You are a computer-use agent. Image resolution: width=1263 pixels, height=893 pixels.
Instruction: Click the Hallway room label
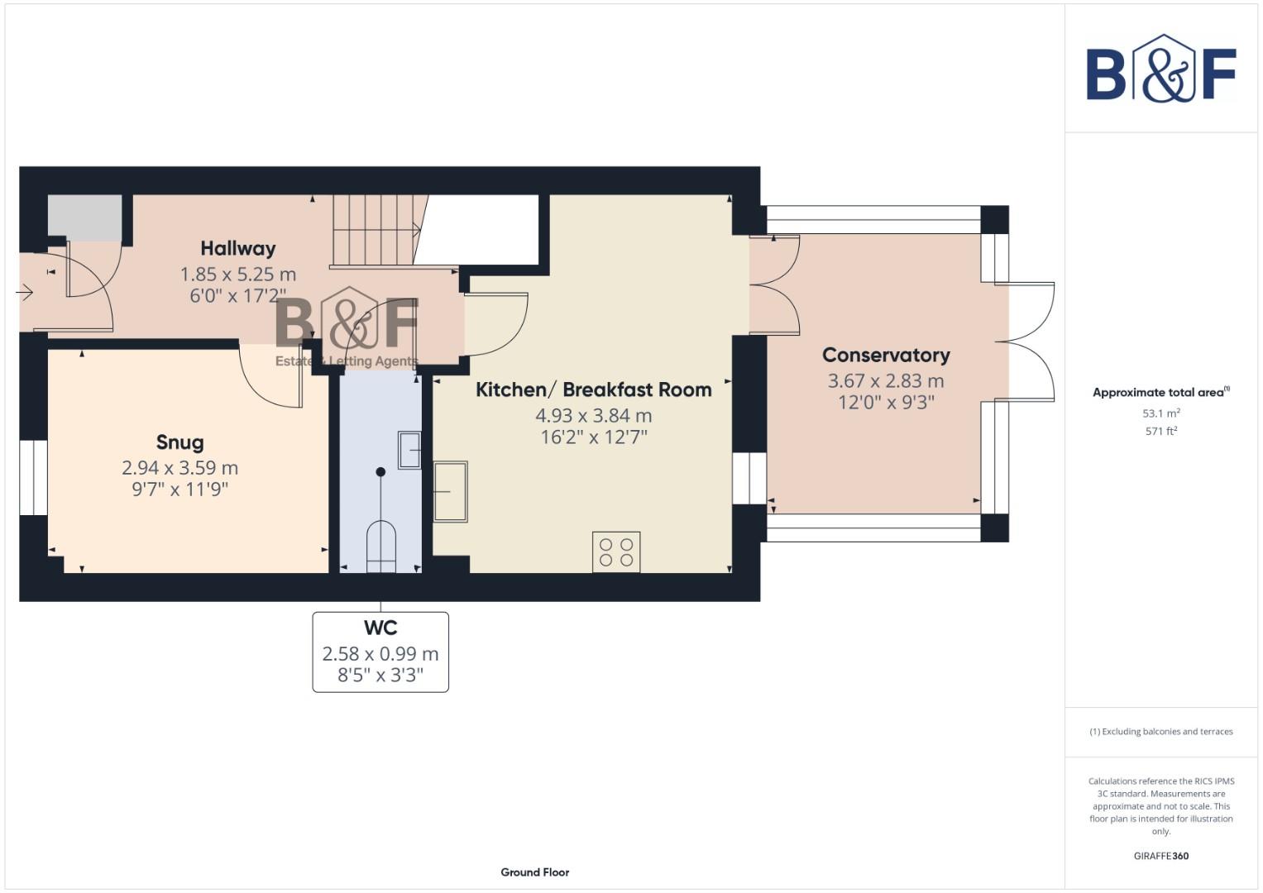point(237,248)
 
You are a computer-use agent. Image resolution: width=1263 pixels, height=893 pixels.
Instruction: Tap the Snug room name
point(179,442)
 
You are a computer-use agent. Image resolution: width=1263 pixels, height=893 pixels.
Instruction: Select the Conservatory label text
point(885,355)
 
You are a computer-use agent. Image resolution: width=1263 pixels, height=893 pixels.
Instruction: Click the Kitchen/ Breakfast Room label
point(593,389)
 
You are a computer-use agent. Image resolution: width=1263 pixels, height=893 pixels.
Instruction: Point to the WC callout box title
point(380,628)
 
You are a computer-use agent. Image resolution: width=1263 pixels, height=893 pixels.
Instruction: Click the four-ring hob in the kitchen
point(615,552)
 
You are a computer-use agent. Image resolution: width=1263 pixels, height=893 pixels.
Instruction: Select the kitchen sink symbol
point(450,491)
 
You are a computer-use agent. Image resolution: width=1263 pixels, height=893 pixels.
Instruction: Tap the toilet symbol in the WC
point(380,546)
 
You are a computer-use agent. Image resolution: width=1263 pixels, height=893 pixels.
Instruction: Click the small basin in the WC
point(409,450)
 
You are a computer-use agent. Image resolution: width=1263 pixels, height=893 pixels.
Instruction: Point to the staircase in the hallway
point(374,230)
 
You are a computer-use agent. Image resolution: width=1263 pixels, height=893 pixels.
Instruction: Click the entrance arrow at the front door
point(24,292)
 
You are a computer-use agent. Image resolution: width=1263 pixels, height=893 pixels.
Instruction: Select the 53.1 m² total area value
point(1160,413)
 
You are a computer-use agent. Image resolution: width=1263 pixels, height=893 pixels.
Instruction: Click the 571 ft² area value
point(1160,431)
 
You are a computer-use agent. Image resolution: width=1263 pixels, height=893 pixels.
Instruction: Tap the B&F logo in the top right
point(1160,70)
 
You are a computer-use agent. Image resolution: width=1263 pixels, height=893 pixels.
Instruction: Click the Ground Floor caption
point(534,872)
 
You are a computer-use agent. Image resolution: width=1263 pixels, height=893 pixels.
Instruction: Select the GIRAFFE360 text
point(1160,856)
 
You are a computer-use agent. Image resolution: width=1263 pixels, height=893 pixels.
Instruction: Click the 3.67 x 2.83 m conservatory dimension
point(885,381)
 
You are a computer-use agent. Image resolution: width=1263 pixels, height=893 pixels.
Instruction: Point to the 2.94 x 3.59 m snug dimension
point(179,468)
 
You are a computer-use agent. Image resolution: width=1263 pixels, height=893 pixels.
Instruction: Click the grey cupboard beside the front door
point(84,217)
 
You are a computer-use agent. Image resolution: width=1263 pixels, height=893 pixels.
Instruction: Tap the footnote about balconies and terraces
point(1160,732)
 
